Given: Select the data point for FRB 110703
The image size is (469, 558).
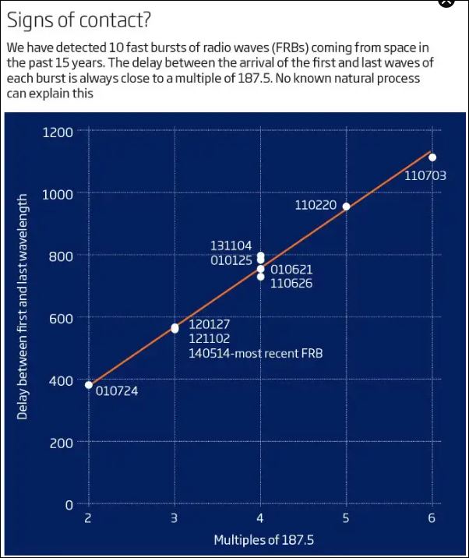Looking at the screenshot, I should (432, 157).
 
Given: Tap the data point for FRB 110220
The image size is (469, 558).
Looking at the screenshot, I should (346, 207).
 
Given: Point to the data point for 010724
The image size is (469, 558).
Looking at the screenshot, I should (89, 385).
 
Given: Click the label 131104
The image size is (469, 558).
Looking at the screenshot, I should (231, 246).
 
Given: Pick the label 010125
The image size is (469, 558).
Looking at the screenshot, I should (231, 260).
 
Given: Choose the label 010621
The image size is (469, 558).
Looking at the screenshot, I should (291, 270).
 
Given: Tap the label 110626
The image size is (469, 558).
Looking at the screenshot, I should (291, 284).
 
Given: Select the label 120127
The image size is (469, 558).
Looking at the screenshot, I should (210, 324).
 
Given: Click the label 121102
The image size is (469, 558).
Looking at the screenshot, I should (210, 339).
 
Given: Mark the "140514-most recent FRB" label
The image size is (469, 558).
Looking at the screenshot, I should (256, 354).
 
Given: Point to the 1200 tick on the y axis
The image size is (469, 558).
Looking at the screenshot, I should (58, 132).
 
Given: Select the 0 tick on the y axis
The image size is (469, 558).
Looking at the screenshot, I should (69, 505).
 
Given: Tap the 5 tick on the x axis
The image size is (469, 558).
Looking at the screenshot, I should (346, 519).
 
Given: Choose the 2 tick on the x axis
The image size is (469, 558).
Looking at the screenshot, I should (88, 519).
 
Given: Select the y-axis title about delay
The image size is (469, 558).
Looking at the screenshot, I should (23, 306).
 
